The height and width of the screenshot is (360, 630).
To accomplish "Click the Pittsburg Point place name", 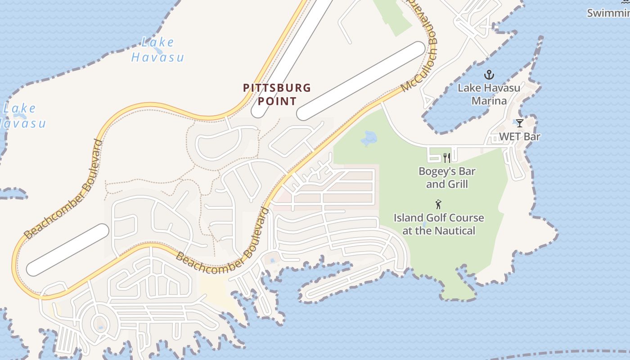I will coord(277,94).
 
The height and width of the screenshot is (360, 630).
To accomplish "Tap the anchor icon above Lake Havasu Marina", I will coord(488,75).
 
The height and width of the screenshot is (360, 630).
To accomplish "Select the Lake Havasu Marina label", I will coord(489,94).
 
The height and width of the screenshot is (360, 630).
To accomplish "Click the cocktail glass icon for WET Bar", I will coord(519,123).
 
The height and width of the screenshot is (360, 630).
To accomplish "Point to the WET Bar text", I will coord(519,136).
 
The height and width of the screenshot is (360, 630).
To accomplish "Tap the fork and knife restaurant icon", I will coord(447,157).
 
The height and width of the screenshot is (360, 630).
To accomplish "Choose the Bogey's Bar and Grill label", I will coord(447,178).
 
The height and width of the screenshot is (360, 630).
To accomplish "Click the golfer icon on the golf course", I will coord(438,204).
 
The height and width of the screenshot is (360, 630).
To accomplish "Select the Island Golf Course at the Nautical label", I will coord(439,224).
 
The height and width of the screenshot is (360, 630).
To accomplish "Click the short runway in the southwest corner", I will coord(67,250).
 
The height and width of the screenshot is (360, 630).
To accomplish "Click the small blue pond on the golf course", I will coord(369,138).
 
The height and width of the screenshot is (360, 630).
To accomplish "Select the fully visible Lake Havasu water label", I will coord(157,50).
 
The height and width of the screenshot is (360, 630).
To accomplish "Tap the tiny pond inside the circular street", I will coord(100,326).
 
